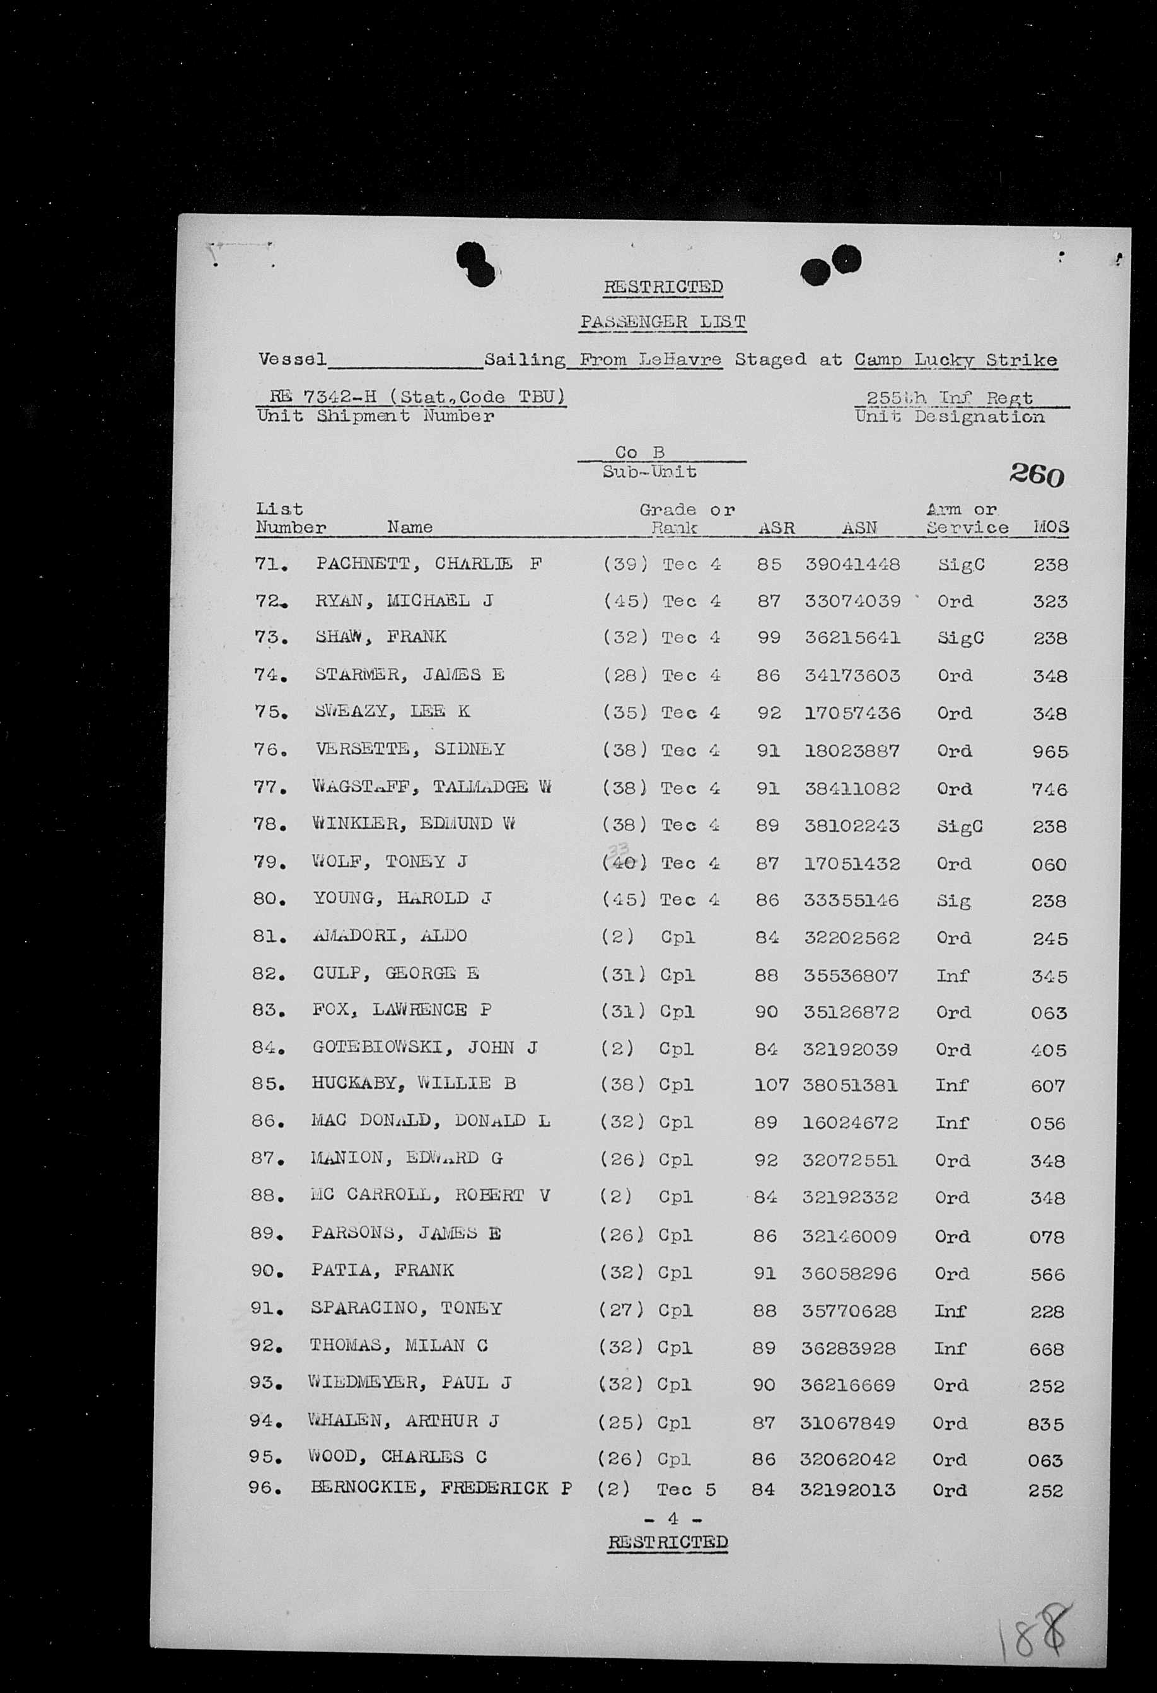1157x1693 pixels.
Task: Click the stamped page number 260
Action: click(1036, 475)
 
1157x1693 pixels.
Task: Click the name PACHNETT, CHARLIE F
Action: click(428, 564)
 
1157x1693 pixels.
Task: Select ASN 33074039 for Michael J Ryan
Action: click(852, 602)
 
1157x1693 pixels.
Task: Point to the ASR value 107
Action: click(771, 1085)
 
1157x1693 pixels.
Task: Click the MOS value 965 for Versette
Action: click(1050, 752)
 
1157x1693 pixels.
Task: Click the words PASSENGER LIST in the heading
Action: click(662, 322)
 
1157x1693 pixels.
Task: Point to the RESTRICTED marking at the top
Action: click(663, 287)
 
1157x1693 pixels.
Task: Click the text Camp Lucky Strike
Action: click(955, 360)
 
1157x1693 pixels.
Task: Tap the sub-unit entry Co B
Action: click(640, 452)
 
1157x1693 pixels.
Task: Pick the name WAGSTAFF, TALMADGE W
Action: click(431, 788)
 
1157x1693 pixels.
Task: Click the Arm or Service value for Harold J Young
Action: click(954, 901)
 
